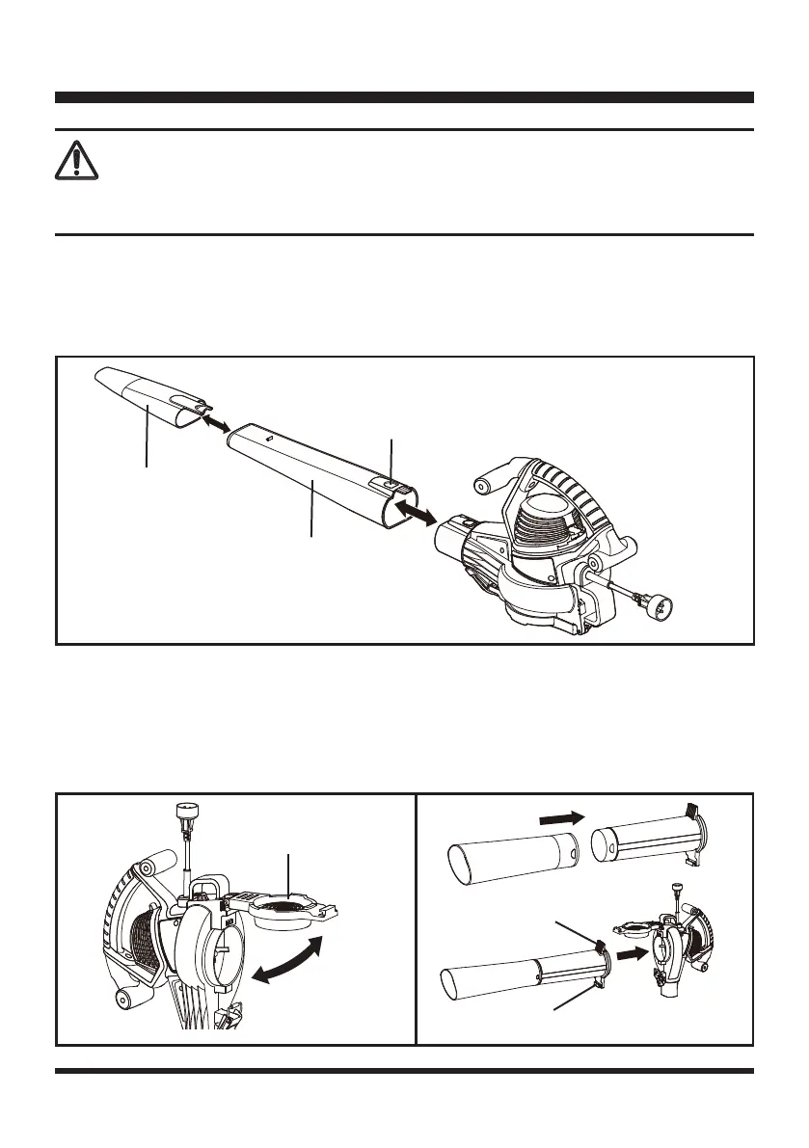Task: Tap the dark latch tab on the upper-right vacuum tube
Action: [x=689, y=811]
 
